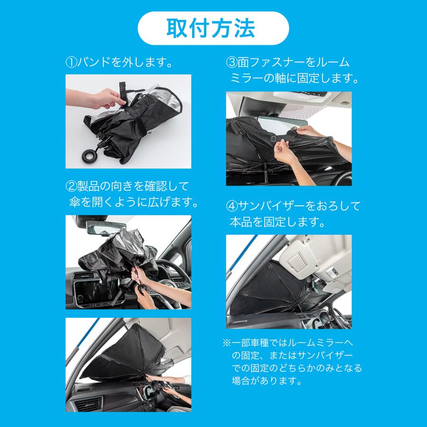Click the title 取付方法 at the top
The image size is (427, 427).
(213, 28)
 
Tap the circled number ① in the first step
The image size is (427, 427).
(71, 62)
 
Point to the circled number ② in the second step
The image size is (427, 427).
(71, 185)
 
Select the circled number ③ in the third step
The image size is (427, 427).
(232, 62)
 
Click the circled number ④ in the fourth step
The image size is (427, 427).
(232, 206)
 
